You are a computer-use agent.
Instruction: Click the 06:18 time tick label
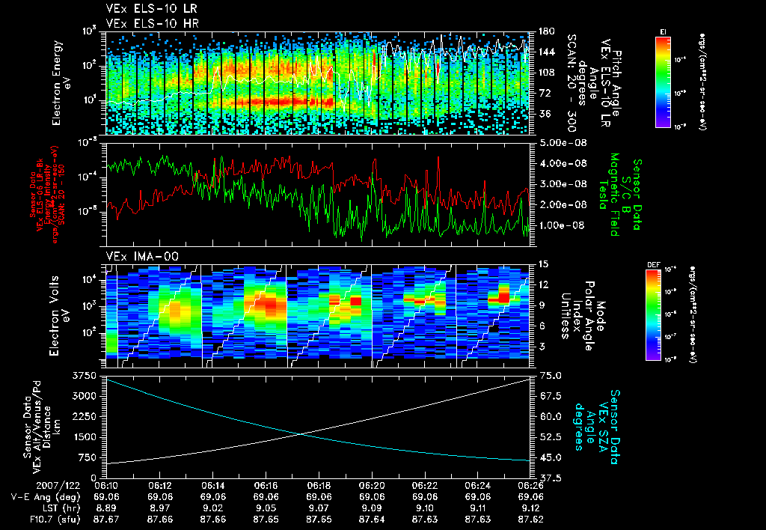click(319, 486)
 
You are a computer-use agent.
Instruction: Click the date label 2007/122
click(29, 486)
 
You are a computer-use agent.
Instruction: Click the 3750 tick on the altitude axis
click(84, 374)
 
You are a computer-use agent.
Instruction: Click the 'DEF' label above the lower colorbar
click(650, 264)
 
